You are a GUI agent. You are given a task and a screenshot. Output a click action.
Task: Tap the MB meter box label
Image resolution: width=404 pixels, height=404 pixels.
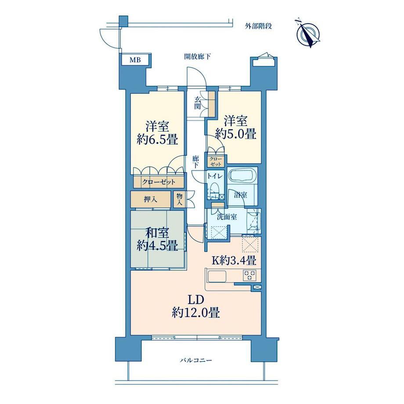click(135, 60)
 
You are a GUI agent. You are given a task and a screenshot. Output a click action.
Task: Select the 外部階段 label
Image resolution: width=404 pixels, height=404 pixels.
click(258, 26)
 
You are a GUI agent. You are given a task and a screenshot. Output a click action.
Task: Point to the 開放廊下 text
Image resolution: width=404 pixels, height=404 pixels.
click(198, 56)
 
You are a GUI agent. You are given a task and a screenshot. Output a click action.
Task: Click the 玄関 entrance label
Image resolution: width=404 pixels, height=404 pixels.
click(198, 103)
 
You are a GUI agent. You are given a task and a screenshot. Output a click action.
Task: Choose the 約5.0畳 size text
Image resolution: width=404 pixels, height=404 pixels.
click(236, 134)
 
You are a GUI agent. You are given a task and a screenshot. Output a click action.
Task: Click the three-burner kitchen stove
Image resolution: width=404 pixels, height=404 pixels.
click(249, 275)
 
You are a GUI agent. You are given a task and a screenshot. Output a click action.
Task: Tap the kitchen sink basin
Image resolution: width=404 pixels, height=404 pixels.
click(217, 277)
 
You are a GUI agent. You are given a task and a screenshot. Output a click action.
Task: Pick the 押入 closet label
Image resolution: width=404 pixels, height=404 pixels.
click(151, 199)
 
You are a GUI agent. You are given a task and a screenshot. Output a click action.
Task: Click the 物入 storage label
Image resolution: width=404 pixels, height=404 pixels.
click(180, 199)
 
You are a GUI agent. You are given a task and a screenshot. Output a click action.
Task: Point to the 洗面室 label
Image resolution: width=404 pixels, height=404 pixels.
click(227, 216)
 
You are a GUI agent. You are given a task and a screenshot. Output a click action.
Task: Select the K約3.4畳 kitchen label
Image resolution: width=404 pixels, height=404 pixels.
click(234, 260)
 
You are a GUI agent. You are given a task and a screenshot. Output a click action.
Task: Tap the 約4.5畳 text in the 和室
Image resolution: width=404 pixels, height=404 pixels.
click(157, 245)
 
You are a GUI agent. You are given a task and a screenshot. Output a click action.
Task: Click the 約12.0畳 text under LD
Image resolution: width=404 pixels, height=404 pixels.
click(196, 313)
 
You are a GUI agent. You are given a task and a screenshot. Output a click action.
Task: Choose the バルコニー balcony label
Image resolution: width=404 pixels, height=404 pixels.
click(196, 360)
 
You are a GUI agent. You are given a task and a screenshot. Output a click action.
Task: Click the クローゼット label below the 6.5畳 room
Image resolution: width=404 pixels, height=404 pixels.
click(159, 182)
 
